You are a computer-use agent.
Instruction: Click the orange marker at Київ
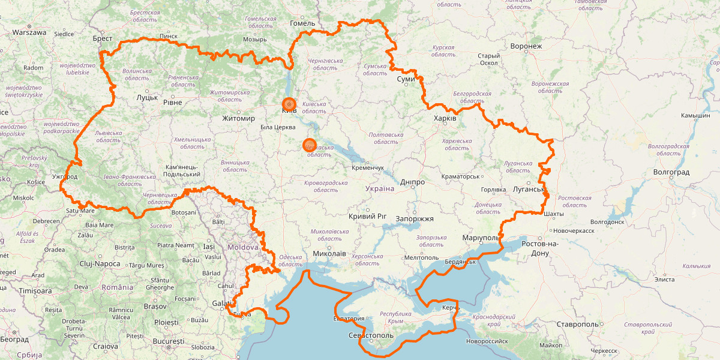(289, 104)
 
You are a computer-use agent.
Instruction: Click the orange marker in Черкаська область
(309, 145)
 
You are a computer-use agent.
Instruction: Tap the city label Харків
(445, 119)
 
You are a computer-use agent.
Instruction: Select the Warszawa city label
(29, 32)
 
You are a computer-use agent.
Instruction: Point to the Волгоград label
(671, 172)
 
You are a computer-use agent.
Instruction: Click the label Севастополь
(370, 335)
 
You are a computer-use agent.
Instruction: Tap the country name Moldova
(243, 247)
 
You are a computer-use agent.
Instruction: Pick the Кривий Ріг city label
(367, 216)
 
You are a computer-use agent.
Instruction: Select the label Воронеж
(526, 46)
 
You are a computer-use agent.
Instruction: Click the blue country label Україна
(379, 189)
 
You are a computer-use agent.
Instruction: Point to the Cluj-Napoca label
(100, 264)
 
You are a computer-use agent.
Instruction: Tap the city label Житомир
(238, 118)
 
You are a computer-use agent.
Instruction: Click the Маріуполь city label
(481, 238)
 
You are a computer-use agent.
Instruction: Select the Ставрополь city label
(577, 324)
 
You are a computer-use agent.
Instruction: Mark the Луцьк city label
(146, 97)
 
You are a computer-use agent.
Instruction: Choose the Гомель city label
(302, 23)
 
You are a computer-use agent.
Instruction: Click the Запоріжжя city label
(415, 219)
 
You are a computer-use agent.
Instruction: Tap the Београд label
(14, 340)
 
